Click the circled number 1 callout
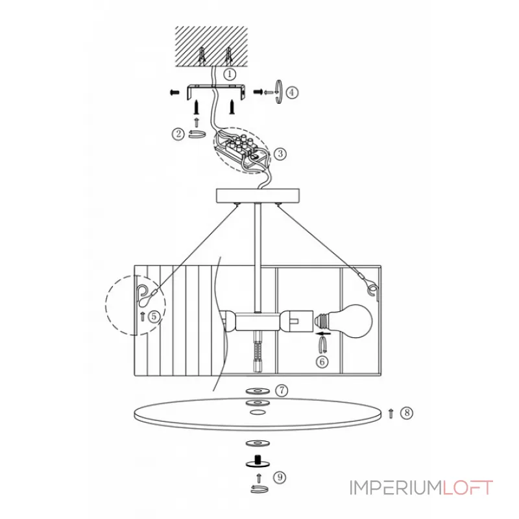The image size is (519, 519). coord(230,73)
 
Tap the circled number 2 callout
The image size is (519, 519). coord(178,134)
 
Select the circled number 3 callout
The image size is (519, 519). coord(280,154)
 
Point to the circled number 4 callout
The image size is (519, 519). coord(291,92)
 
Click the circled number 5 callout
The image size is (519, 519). coord(154,317)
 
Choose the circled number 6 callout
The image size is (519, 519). coord(322,361)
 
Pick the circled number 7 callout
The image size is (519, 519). coord(282,391)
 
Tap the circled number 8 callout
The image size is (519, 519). coord(407,413)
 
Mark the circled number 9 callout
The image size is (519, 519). coord(280,477)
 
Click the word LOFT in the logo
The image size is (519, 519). coord(468,488)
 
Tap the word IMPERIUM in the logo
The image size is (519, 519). coord(396,488)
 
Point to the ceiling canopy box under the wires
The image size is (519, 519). coord(258,196)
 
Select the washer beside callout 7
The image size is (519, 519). coord(258,391)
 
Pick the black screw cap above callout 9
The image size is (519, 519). coord(258,462)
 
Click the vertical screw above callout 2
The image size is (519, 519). coord(197,107)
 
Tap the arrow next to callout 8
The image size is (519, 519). coord(391,413)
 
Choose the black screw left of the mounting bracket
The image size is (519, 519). coord(174,92)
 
